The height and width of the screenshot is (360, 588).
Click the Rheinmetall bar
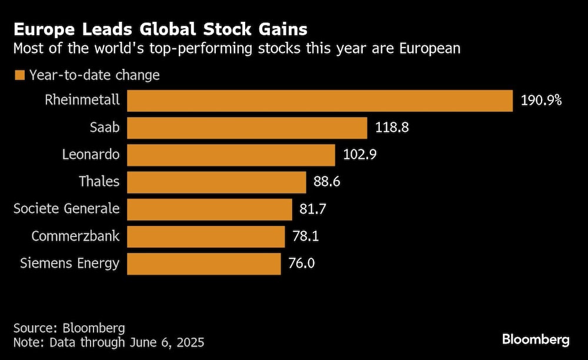click(320, 101)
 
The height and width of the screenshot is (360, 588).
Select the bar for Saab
click(247, 128)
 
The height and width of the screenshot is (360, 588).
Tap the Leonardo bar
click(231, 155)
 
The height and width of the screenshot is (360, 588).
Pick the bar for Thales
click(216, 182)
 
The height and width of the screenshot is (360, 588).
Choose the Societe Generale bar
click(209, 209)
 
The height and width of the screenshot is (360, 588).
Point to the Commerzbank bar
click(206, 236)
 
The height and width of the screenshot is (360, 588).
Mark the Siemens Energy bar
click(203, 264)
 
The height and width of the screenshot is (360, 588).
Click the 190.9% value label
click(542, 101)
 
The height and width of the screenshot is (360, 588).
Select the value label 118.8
click(393, 128)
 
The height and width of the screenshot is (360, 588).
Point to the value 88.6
click(327, 182)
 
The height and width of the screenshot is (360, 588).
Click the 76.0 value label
click(301, 264)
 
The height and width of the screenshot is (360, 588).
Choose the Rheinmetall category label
click(82, 100)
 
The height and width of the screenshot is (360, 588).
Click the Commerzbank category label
click(75, 236)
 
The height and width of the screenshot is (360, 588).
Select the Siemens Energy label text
click(69, 264)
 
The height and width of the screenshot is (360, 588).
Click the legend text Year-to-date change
click(94, 75)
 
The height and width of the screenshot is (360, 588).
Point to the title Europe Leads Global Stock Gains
click(160, 29)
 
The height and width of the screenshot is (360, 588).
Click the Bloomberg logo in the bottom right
click(536, 339)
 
